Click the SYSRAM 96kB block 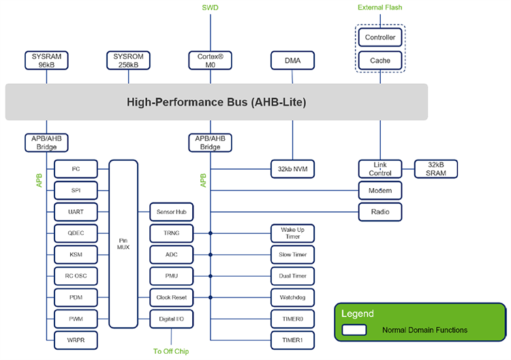point(46,60)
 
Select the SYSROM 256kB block point(128,60)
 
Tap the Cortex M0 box point(210,60)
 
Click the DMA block point(292,60)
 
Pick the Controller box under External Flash point(380,38)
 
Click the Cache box point(380,61)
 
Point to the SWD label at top point(211,7)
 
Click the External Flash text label point(380,7)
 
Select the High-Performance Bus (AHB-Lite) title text point(217,102)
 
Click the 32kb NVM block point(292,168)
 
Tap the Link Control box point(380,168)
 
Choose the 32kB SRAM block point(436,168)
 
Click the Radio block point(380,211)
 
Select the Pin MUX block point(123,243)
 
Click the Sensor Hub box point(171,212)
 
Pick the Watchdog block point(292,297)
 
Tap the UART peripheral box point(76,211)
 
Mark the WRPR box point(76,339)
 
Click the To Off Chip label point(171,351)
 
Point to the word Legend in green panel point(357,314)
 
